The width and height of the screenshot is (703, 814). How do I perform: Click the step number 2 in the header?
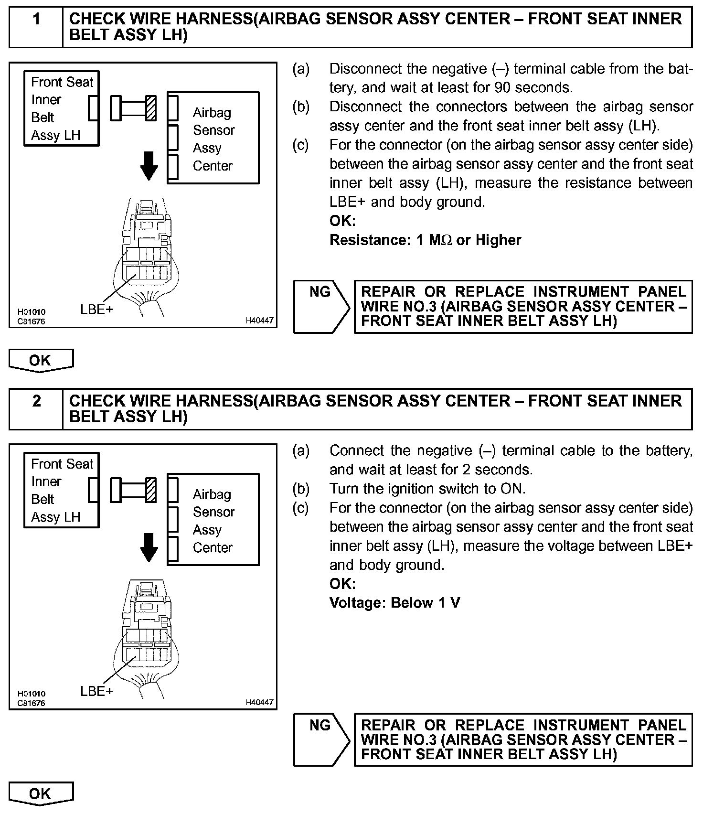[36, 401]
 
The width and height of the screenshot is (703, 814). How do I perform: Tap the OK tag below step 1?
[41, 360]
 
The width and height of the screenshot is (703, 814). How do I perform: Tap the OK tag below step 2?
[41, 794]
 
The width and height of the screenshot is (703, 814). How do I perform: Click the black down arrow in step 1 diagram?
[149, 165]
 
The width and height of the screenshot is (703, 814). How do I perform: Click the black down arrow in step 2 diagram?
[149, 547]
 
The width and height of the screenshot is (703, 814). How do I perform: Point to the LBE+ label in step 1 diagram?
[96, 310]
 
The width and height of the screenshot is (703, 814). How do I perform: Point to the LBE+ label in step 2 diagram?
[96, 691]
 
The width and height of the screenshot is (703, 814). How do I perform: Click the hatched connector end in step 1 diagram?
[151, 108]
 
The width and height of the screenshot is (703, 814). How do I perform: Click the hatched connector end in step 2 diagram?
[151, 490]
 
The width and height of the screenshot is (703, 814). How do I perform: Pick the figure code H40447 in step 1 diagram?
[260, 321]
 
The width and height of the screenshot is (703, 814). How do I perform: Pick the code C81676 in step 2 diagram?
[32, 703]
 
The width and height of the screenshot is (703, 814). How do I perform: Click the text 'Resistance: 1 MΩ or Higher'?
[425, 240]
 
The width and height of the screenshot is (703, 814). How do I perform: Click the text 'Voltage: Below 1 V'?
[394, 603]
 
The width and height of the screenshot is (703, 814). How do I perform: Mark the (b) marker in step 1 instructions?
[301, 107]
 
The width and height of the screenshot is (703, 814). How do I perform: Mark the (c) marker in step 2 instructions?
[301, 508]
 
